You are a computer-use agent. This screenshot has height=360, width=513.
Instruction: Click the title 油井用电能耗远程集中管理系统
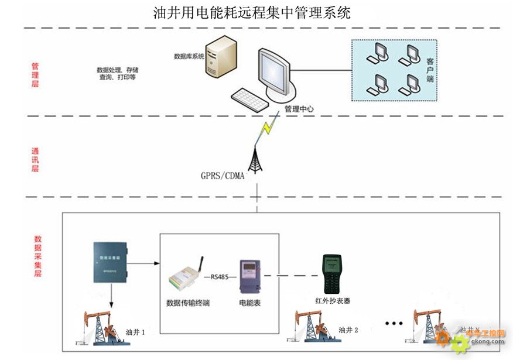click(251, 12)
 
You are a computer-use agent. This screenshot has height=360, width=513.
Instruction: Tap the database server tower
click(221, 59)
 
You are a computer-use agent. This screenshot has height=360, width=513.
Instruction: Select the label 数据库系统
click(189, 57)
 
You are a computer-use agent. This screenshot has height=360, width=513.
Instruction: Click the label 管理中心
click(299, 109)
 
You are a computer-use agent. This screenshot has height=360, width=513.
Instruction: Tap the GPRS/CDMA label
click(223, 176)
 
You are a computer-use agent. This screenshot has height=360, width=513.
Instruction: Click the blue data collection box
click(110, 262)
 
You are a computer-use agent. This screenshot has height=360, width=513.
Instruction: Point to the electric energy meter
click(248, 277)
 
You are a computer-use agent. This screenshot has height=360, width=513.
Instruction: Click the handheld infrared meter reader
click(332, 274)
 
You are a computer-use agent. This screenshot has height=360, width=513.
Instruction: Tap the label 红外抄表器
click(332, 301)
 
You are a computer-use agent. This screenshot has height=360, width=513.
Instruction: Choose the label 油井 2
click(348, 330)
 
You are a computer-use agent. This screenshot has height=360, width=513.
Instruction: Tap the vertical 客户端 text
click(430, 70)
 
